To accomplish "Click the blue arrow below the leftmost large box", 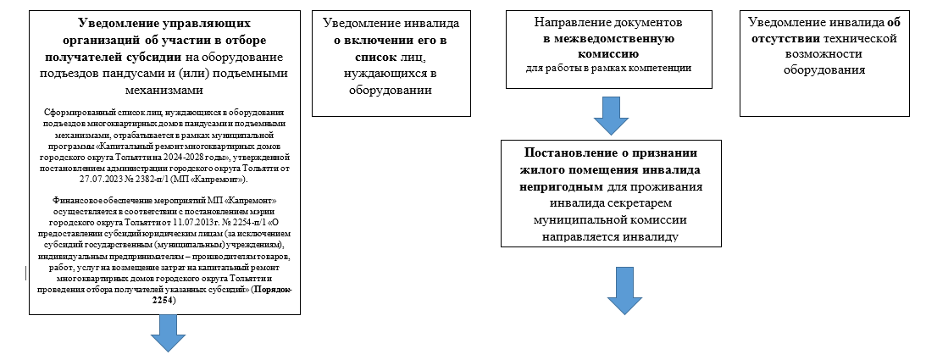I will point(168,333).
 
